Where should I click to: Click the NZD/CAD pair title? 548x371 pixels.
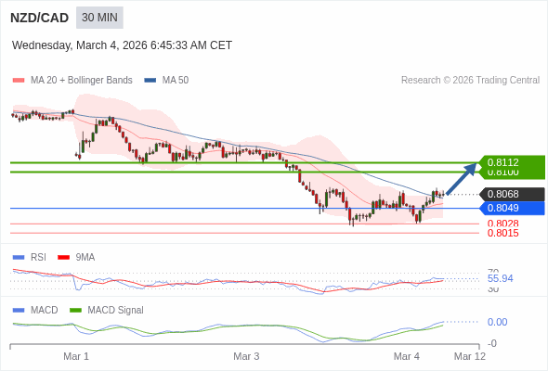(40, 18)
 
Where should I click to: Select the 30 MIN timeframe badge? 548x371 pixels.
(99, 18)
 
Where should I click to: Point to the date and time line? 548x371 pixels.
(122, 45)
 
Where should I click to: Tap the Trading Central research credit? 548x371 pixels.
(470, 81)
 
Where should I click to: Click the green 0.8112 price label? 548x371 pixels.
(502, 162)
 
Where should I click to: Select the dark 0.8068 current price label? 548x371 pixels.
(502, 194)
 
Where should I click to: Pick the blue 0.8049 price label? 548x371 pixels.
(502, 208)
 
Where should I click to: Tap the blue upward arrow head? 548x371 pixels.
(470, 168)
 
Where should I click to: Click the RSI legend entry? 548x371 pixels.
(37, 257)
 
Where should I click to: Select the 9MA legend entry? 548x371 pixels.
(85, 257)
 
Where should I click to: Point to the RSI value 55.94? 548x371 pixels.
(500, 278)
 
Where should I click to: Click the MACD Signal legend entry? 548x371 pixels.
(115, 310)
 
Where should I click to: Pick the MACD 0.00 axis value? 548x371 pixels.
(497, 322)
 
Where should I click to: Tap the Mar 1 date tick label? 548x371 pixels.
(76, 356)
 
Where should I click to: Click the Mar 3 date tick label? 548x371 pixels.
(246, 356)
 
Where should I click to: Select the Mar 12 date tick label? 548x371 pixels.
(469, 356)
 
